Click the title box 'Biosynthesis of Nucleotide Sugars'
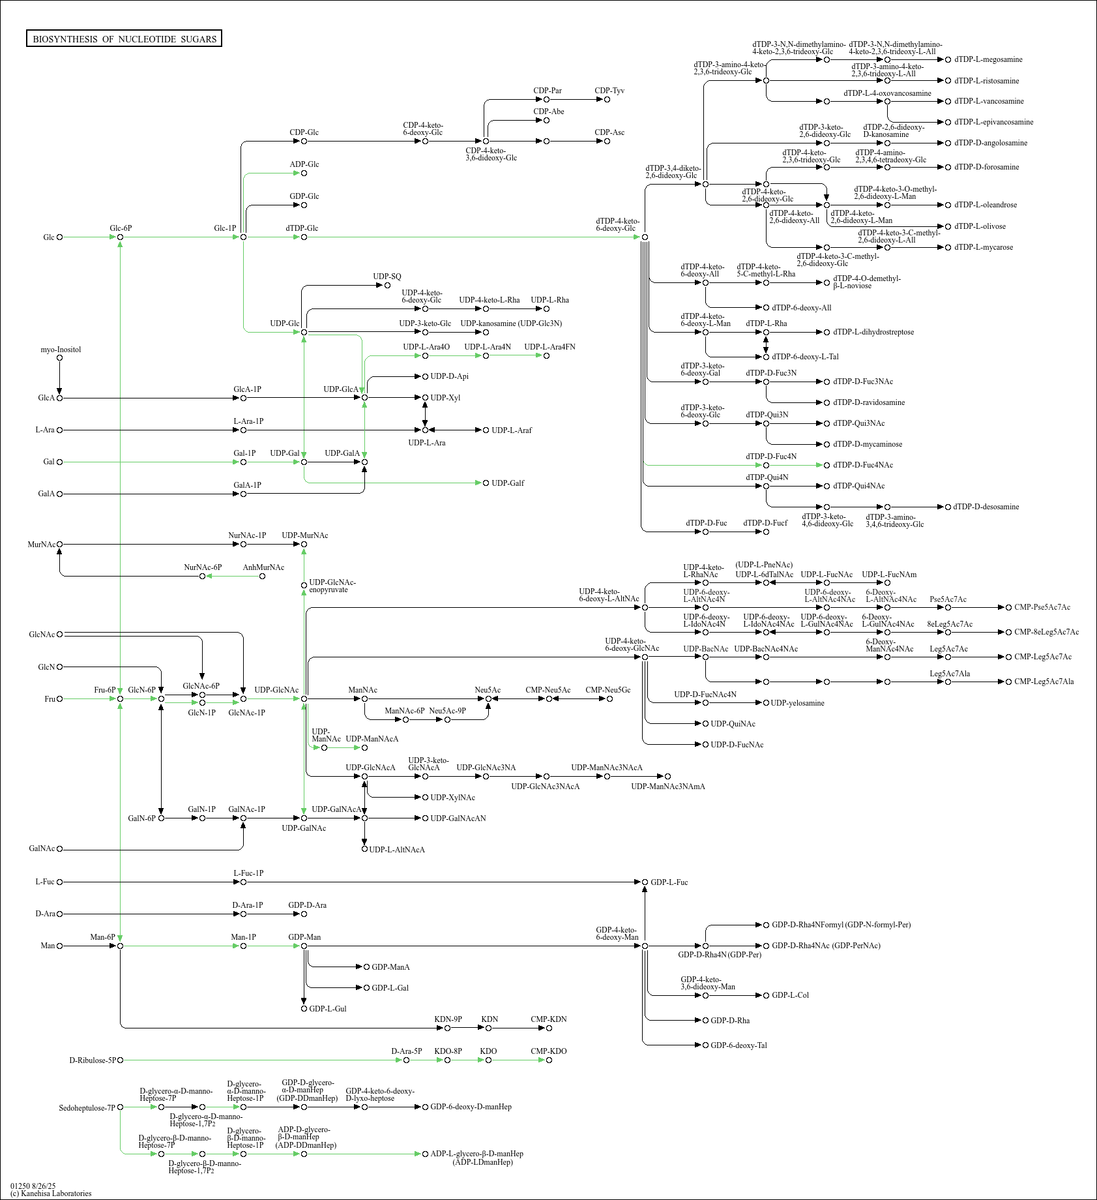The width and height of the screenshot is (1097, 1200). tap(124, 39)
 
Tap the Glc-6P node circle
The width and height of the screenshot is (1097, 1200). tap(121, 237)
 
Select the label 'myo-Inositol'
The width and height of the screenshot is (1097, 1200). tap(61, 350)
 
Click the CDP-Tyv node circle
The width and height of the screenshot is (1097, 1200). tap(607, 100)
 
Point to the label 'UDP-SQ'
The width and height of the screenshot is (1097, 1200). tap(387, 277)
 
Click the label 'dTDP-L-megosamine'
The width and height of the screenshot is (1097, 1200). tap(988, 59)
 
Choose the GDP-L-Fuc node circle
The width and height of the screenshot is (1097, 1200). tap(645, 882)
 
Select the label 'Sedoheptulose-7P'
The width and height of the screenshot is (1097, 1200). tap(87, 1108)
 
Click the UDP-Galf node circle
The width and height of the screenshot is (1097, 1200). tap(486, 483)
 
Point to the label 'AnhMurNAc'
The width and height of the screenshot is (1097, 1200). tap(263, 567)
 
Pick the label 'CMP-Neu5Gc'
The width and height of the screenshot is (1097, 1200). tap(607, 690)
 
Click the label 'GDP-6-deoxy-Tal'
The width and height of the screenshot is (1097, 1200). tap(739, 1045)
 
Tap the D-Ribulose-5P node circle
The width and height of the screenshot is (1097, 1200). tap(121, 1060)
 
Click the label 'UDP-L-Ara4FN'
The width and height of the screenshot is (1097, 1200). tap(549, 347)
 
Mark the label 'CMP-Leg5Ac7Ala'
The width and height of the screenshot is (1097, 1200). tap(1044, 682)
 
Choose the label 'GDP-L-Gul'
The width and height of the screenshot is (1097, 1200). tap(327, 1009)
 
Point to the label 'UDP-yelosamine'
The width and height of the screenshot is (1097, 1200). tap(797, 703)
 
